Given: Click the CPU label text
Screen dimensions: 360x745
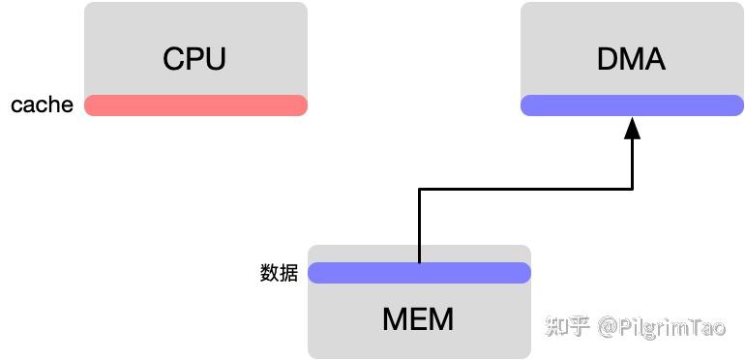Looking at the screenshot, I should [194, 58].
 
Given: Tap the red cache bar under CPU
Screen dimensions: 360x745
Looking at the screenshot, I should [195, 105].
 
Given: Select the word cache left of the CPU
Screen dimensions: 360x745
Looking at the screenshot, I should [42, 105].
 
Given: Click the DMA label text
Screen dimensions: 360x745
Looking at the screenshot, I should [631, 58].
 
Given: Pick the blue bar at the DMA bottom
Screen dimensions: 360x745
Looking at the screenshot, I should [631, 105].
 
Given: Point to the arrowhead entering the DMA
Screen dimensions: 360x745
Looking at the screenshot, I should [632, 129].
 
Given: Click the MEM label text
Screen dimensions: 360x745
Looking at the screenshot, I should [418, 318].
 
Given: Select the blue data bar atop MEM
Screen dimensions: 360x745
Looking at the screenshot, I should [419, 273].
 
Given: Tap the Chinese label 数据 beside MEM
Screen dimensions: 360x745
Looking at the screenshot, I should [279, 273].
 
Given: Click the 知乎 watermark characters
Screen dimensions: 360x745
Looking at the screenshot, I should [568, 327].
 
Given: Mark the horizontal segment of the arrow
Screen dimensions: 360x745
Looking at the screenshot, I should [525, 190].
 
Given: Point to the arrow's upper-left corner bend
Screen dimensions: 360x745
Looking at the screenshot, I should [419, 190].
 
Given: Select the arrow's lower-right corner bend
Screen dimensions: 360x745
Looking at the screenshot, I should [632, 190].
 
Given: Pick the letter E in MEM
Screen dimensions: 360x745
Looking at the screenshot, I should [418, 318].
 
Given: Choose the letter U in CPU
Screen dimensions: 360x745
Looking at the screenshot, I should [215, 58].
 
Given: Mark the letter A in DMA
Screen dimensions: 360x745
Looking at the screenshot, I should [655, 58].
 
